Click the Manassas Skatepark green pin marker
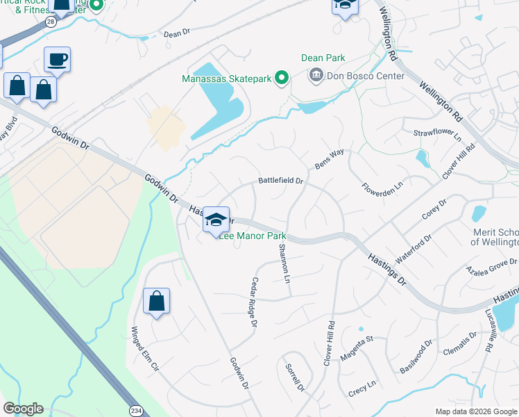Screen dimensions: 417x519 (x=281, y=78)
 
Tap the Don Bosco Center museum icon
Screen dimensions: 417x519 (x=316, y=75)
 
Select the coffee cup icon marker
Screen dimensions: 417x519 (x=57, y=60)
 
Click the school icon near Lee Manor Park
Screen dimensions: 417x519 (x=216, y=220)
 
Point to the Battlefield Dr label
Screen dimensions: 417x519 (x=281, y=181)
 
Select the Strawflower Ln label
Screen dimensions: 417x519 (x=437, y=133)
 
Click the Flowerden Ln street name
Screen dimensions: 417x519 (x=382, y=188)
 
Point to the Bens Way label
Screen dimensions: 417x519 (x=330, y=160)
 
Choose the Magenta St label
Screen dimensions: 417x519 (x=357, y=349)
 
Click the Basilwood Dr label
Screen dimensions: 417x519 (x=416, y=356)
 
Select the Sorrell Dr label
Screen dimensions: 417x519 (x=295, y=378)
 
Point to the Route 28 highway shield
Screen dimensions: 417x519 (x=50, y=22)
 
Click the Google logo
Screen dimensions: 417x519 (x=23, y=408)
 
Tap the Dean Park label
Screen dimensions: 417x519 (x=323, y=58)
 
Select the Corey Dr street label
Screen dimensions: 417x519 (x=434, y=210)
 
